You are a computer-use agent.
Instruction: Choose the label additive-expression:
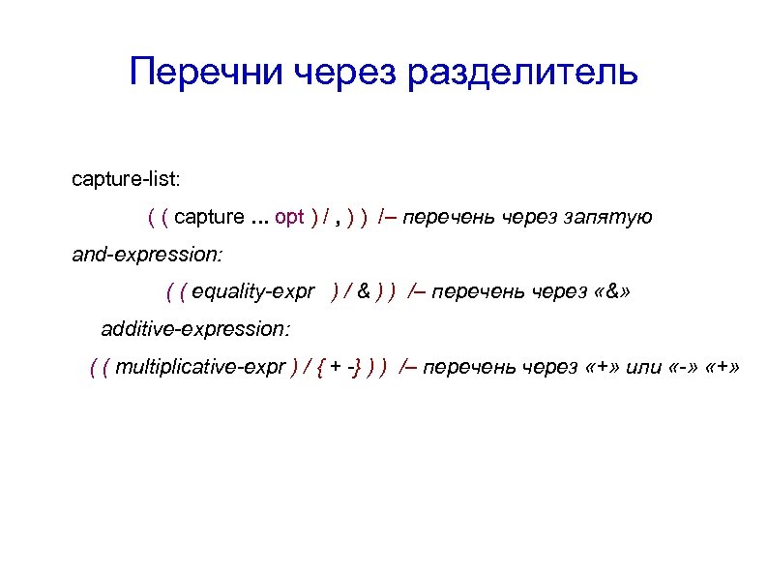point(194,329)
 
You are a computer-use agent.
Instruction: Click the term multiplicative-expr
point(201,367)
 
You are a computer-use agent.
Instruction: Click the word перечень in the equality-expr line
point(472,291)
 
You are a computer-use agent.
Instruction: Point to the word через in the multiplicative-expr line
point(550,367)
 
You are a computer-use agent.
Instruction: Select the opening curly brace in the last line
point(320,367)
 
